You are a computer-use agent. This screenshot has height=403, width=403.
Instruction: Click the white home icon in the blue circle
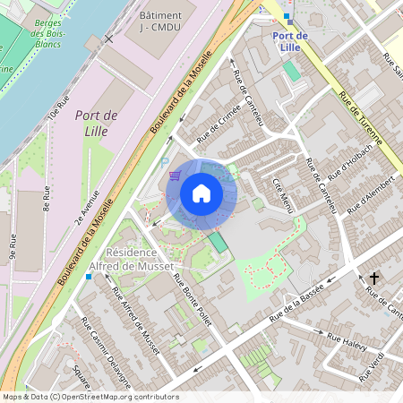click(201, 193)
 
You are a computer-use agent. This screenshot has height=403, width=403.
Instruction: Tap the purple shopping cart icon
click(176, 174)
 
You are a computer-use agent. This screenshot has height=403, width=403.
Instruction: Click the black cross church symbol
click(374, 279)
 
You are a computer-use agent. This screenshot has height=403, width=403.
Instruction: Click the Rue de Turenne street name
click(361, 117)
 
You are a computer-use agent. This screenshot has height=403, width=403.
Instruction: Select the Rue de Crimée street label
click(219, 129)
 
